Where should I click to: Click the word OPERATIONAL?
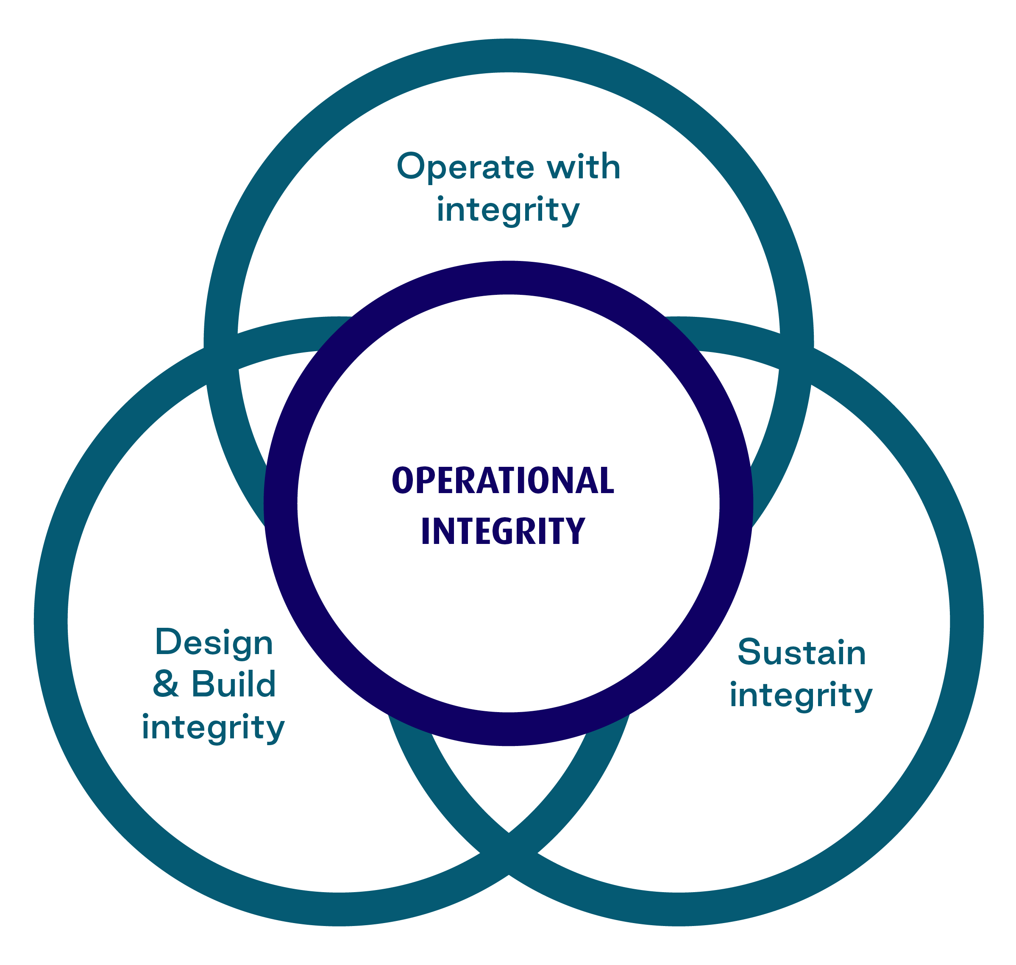click(503, 480)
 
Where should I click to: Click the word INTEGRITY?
click(503, 530)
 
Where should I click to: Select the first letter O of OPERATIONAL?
click(403, 480)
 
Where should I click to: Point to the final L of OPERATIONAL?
click(607, 480)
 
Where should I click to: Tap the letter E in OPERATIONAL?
click(445, 480)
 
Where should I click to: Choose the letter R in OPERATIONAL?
click(465, 480)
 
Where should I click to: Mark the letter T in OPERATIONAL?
click(507, 480)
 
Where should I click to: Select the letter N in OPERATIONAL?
click(564, 480)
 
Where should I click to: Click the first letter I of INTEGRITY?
click(425, 530)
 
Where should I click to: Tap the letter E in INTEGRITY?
click(482, 530)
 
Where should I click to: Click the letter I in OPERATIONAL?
click(521, 480)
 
